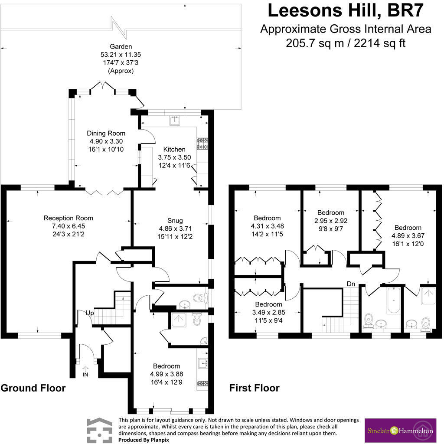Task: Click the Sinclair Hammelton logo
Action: click(400, 431)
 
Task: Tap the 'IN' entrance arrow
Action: click(85, 369)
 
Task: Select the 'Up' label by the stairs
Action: click(90, 313)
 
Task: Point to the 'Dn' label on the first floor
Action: click(351, 284)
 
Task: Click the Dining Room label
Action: click(106, 134)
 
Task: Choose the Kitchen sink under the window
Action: click(174, 121)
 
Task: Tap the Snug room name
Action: click(175, 221)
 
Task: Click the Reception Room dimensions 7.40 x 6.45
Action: click(68, 226)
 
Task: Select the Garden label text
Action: click(121, 46)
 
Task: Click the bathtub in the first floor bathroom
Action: click(394, 300)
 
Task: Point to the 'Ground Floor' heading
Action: click(33, 388)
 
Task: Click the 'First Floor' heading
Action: click(254, 388)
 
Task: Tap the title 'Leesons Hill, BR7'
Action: click(346, 10)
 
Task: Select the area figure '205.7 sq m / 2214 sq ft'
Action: click(346, 43)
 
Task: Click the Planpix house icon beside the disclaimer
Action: click(99, 431)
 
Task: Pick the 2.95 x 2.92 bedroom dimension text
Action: click(331, 221)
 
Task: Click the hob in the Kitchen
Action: click(203, 144)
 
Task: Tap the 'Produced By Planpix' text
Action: click(144, 440)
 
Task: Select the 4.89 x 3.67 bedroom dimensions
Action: click(408, 235)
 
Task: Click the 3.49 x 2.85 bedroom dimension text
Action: click(268, 312)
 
